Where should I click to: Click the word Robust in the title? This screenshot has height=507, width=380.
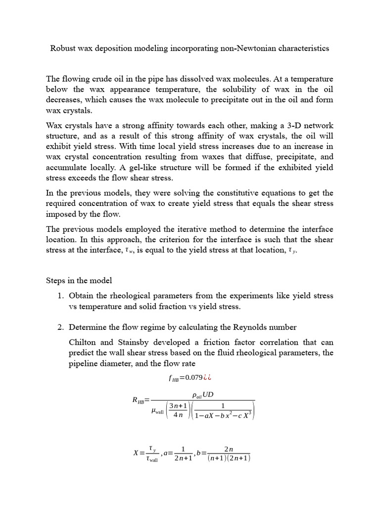(63, 49)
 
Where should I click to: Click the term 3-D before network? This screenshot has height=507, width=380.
(279, 125)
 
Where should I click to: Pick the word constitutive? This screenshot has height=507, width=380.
(245, 193)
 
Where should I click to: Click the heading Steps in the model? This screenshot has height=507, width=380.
(79, 280)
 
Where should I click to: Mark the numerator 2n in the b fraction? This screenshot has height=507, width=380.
(229, 449)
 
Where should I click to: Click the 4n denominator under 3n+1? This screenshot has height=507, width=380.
(177, 415)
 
